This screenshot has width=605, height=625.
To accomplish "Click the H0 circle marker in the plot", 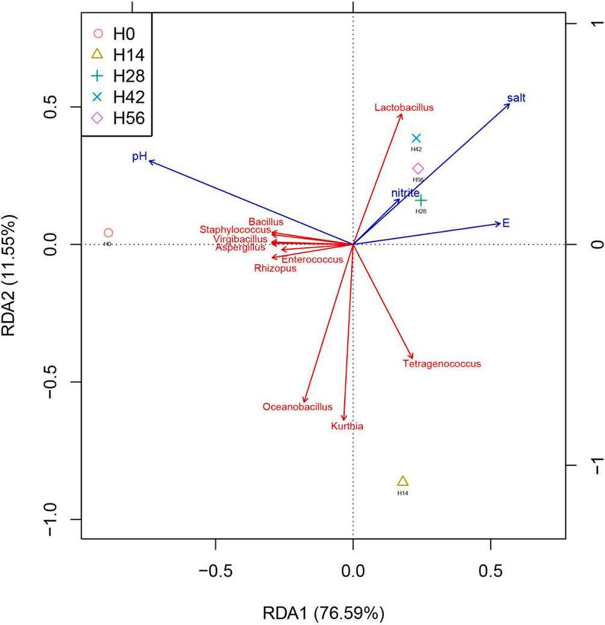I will [x=108, y=233].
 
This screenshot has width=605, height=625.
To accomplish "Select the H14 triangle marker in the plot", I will [x=403, y=481].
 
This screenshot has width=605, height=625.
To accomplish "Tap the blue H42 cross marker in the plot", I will [x=416, y=138].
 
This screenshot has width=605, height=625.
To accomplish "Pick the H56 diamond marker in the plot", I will [x=418, y=169].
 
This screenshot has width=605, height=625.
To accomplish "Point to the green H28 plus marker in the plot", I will [x=421, y=201].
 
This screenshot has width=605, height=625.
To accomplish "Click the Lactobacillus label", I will [x=404, y=108].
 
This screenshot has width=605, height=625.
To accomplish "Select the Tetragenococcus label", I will [x=442, y=364].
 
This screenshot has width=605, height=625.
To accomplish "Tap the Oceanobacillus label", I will [x=297, y=407].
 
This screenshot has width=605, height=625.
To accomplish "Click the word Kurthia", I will [x=347, y=426].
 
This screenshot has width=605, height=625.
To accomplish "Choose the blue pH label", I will [x=139, y=157].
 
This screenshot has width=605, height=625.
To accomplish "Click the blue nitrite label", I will [x=405, y=193].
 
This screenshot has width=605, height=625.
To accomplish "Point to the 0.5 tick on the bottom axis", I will [x=491, y=568].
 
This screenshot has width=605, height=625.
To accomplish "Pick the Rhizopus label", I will [x=275, y=269].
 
